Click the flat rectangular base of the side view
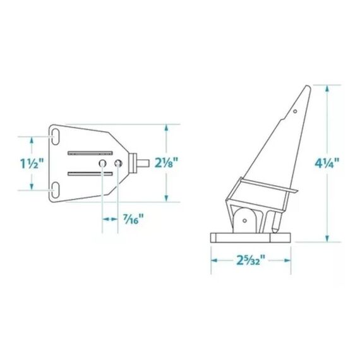click(250, 238)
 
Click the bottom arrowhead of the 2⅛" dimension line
click(167, 197)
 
